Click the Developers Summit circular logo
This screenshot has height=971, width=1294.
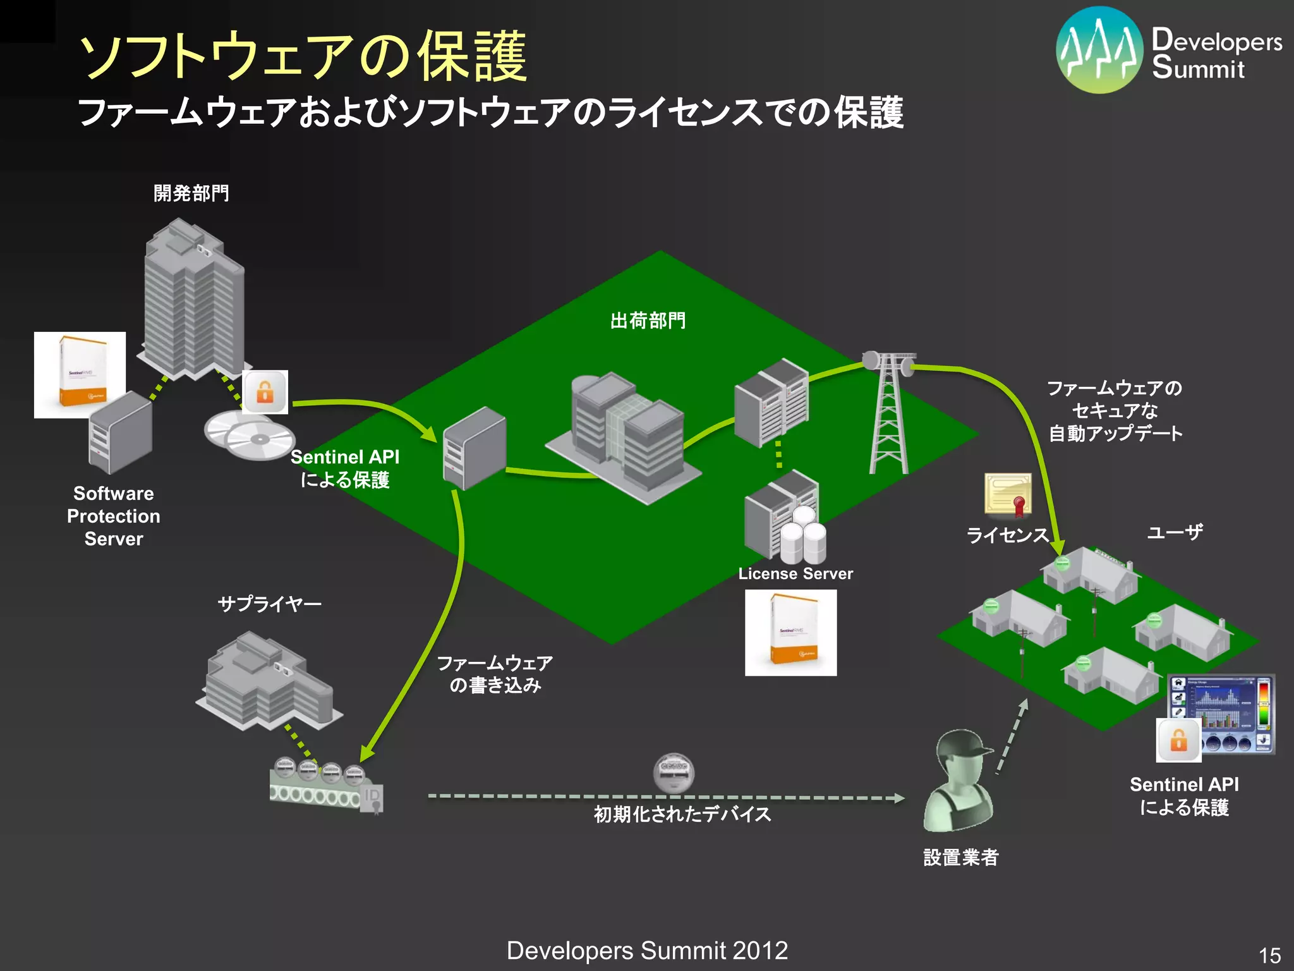point(1099,50)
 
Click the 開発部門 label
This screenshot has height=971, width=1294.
point(191,193)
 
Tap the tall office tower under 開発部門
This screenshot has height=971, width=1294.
point(193,297)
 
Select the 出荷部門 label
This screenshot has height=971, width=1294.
point(648,321)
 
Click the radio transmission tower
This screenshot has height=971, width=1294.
point(889,411)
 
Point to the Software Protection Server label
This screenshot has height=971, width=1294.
point(114,516)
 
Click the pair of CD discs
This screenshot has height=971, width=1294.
point(250,435)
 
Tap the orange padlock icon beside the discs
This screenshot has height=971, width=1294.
point(265,392)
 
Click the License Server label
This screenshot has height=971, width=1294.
point(795,574)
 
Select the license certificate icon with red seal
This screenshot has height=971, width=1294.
point(1008,494)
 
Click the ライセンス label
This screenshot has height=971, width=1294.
point(1007,535)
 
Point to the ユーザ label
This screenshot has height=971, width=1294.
point(1175,532)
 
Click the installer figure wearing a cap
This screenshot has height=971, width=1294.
point(959,781)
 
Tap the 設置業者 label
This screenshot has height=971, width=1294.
point(960,858)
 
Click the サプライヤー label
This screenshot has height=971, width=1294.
point(270,604)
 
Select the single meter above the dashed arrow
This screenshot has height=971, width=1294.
point(674,773)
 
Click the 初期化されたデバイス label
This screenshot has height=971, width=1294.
point(682,814)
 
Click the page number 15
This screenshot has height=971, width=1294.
point(1269,955)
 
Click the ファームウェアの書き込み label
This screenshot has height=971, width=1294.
point(495,675)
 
